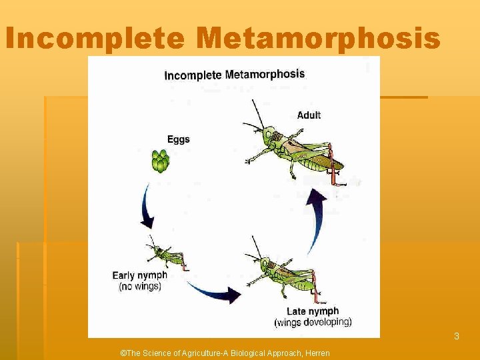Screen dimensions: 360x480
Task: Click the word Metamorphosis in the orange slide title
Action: pyautogui.click(x=319, y=39)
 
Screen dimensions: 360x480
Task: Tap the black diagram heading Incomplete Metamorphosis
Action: pyautogui.click(x=234, y=75)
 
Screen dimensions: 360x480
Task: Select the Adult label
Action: pyautogui.click(x=309, y=115)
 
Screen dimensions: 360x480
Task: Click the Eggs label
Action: pyautogui.click(x=178, y=139)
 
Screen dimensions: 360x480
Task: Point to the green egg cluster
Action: pyautogui.click(x=161, y=161)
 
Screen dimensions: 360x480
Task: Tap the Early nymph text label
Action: pyautogui.click(x=139, y=275)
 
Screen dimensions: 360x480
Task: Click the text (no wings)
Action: pyautogui.click(x=140, y=287)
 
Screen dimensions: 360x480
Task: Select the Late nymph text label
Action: pyautogui.click(x=313, y=311)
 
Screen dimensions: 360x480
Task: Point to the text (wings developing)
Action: pyautogui.click(x=313, y=323)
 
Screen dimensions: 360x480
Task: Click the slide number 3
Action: pyautogui.click(x=457, y=337)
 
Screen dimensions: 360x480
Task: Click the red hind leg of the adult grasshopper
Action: pyautogui.click(x=333, y=167)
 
